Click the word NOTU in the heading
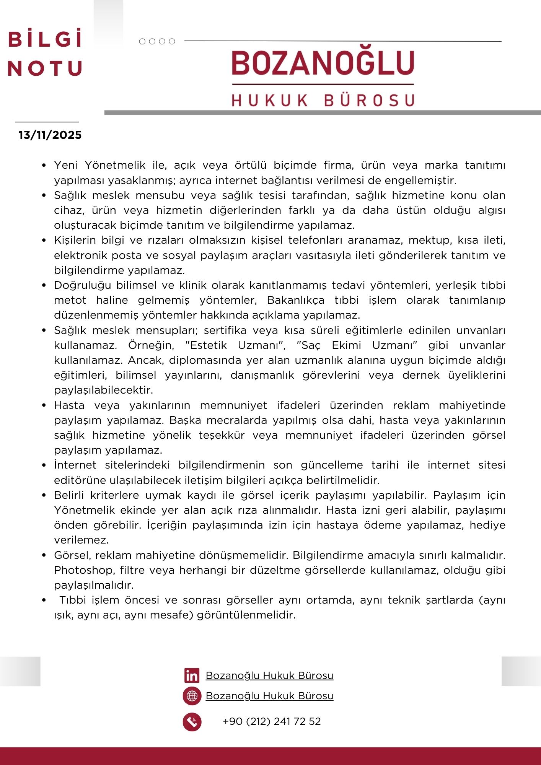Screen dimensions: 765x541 45,68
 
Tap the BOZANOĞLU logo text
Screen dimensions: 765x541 323,63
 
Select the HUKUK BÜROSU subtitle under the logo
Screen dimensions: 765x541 323,100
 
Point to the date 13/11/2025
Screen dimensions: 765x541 50,135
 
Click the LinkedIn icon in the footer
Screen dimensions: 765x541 192,675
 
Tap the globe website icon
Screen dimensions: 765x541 192,696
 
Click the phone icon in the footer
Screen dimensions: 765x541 192,722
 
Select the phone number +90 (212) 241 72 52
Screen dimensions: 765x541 272,721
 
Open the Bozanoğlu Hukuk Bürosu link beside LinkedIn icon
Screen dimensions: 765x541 269,675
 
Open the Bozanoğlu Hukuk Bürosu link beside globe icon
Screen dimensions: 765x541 269,696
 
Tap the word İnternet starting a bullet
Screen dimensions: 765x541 75,465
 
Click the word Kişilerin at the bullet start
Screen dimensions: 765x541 75,240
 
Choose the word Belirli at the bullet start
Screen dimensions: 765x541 69,495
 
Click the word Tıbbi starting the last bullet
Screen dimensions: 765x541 73,600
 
